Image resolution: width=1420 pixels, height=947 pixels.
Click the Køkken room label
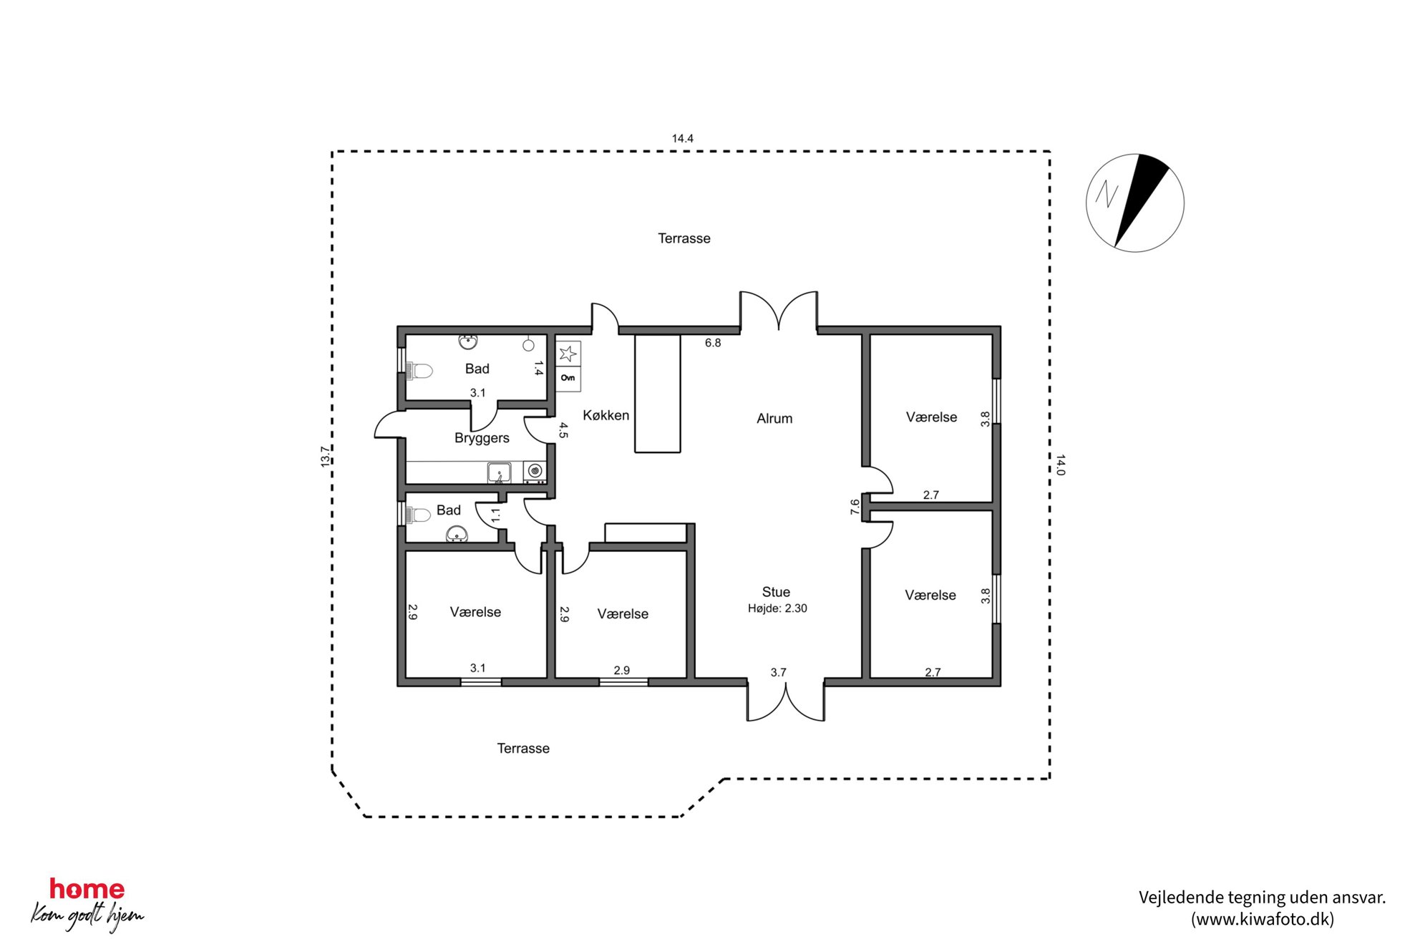point(606,415)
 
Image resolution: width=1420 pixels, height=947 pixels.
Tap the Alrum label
point(774,419)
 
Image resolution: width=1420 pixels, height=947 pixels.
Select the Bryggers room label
point(482,438)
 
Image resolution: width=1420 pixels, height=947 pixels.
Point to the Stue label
point(776,592)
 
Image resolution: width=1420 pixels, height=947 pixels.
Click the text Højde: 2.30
point(777,608)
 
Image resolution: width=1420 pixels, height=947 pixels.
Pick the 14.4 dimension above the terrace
point(682,138)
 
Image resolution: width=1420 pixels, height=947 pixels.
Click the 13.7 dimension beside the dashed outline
point(325,457)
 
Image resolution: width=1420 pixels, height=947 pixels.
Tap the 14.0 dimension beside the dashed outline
point(1061,465)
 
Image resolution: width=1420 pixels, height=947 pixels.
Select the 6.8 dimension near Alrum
point(713,343)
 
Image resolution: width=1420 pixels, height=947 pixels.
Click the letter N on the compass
point(1107,194)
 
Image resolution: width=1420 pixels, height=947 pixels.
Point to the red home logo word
point(87,889)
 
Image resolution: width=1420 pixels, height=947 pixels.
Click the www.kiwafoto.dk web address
point(1263,919)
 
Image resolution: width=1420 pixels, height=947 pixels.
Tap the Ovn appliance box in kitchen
point(568,379)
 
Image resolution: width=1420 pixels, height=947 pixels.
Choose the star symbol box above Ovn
point(568,354)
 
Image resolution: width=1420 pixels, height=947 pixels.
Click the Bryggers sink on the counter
point(499,472)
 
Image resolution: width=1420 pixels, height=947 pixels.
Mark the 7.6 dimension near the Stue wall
point(855,507)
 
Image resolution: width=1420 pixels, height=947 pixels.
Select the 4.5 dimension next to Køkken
point(563,430)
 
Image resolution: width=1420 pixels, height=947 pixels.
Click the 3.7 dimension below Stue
point(778,672)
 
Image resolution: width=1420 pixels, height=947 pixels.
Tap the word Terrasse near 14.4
point(684,238)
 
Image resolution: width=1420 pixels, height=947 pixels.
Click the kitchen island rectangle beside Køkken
point(658,394)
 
